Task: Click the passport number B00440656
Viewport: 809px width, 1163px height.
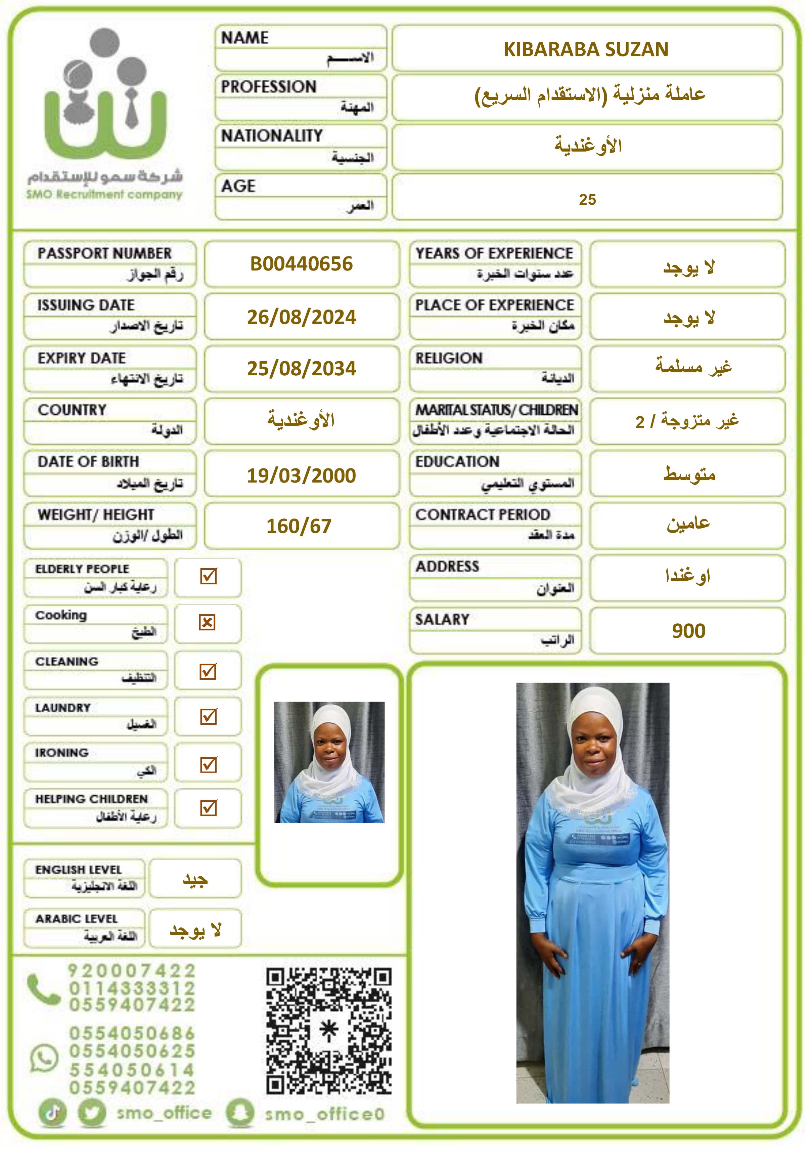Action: (301, 264)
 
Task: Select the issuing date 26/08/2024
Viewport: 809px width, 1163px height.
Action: (301, 317)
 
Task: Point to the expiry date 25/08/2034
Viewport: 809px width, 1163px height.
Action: (301, 369)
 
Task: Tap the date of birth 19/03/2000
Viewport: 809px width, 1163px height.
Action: (301, 475)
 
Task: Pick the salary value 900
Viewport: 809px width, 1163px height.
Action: (688, 631)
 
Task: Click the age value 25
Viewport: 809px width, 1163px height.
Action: (587, 200)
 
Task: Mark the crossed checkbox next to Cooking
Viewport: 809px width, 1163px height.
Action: (207, 623)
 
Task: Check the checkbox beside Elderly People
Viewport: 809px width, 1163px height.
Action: (208, 576)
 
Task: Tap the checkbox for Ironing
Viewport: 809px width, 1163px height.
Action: (208, 764)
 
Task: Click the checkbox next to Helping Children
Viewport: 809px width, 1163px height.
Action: (208, 808)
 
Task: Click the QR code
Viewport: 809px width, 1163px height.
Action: (329, 1031)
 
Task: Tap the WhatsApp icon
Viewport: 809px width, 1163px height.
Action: (44, 1058)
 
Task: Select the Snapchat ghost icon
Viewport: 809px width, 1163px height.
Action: (239, 1113)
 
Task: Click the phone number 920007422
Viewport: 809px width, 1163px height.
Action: (132, 971)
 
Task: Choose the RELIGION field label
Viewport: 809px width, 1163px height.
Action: (449, 358)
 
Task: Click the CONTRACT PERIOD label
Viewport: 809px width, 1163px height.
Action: (483, 515)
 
